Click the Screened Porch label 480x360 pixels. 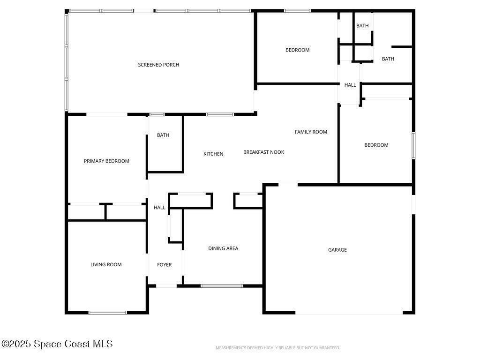[158, 65]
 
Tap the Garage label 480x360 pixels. [337, 250]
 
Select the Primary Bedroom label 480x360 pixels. [106, 161]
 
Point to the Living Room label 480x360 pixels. [106, 264]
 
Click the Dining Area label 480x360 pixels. [223, 248]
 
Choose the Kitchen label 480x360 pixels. [213, 154]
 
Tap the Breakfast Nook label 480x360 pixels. [263, 152]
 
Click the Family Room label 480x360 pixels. [311, 132]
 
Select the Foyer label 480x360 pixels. [164, 265]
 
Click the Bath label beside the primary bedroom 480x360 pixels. [163, 135]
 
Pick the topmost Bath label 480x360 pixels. [362, 26]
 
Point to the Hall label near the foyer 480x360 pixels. [159, 207]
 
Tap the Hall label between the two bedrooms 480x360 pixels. [350, 85]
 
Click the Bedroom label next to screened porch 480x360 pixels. [297, 50]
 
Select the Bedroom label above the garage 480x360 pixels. [376, 145]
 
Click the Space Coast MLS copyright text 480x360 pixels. [57, 344]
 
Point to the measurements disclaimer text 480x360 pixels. [277, 348]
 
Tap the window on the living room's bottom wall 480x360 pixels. [107, 312]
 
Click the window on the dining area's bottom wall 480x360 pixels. [222, 285]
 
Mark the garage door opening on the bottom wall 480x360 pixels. [349, 313]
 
